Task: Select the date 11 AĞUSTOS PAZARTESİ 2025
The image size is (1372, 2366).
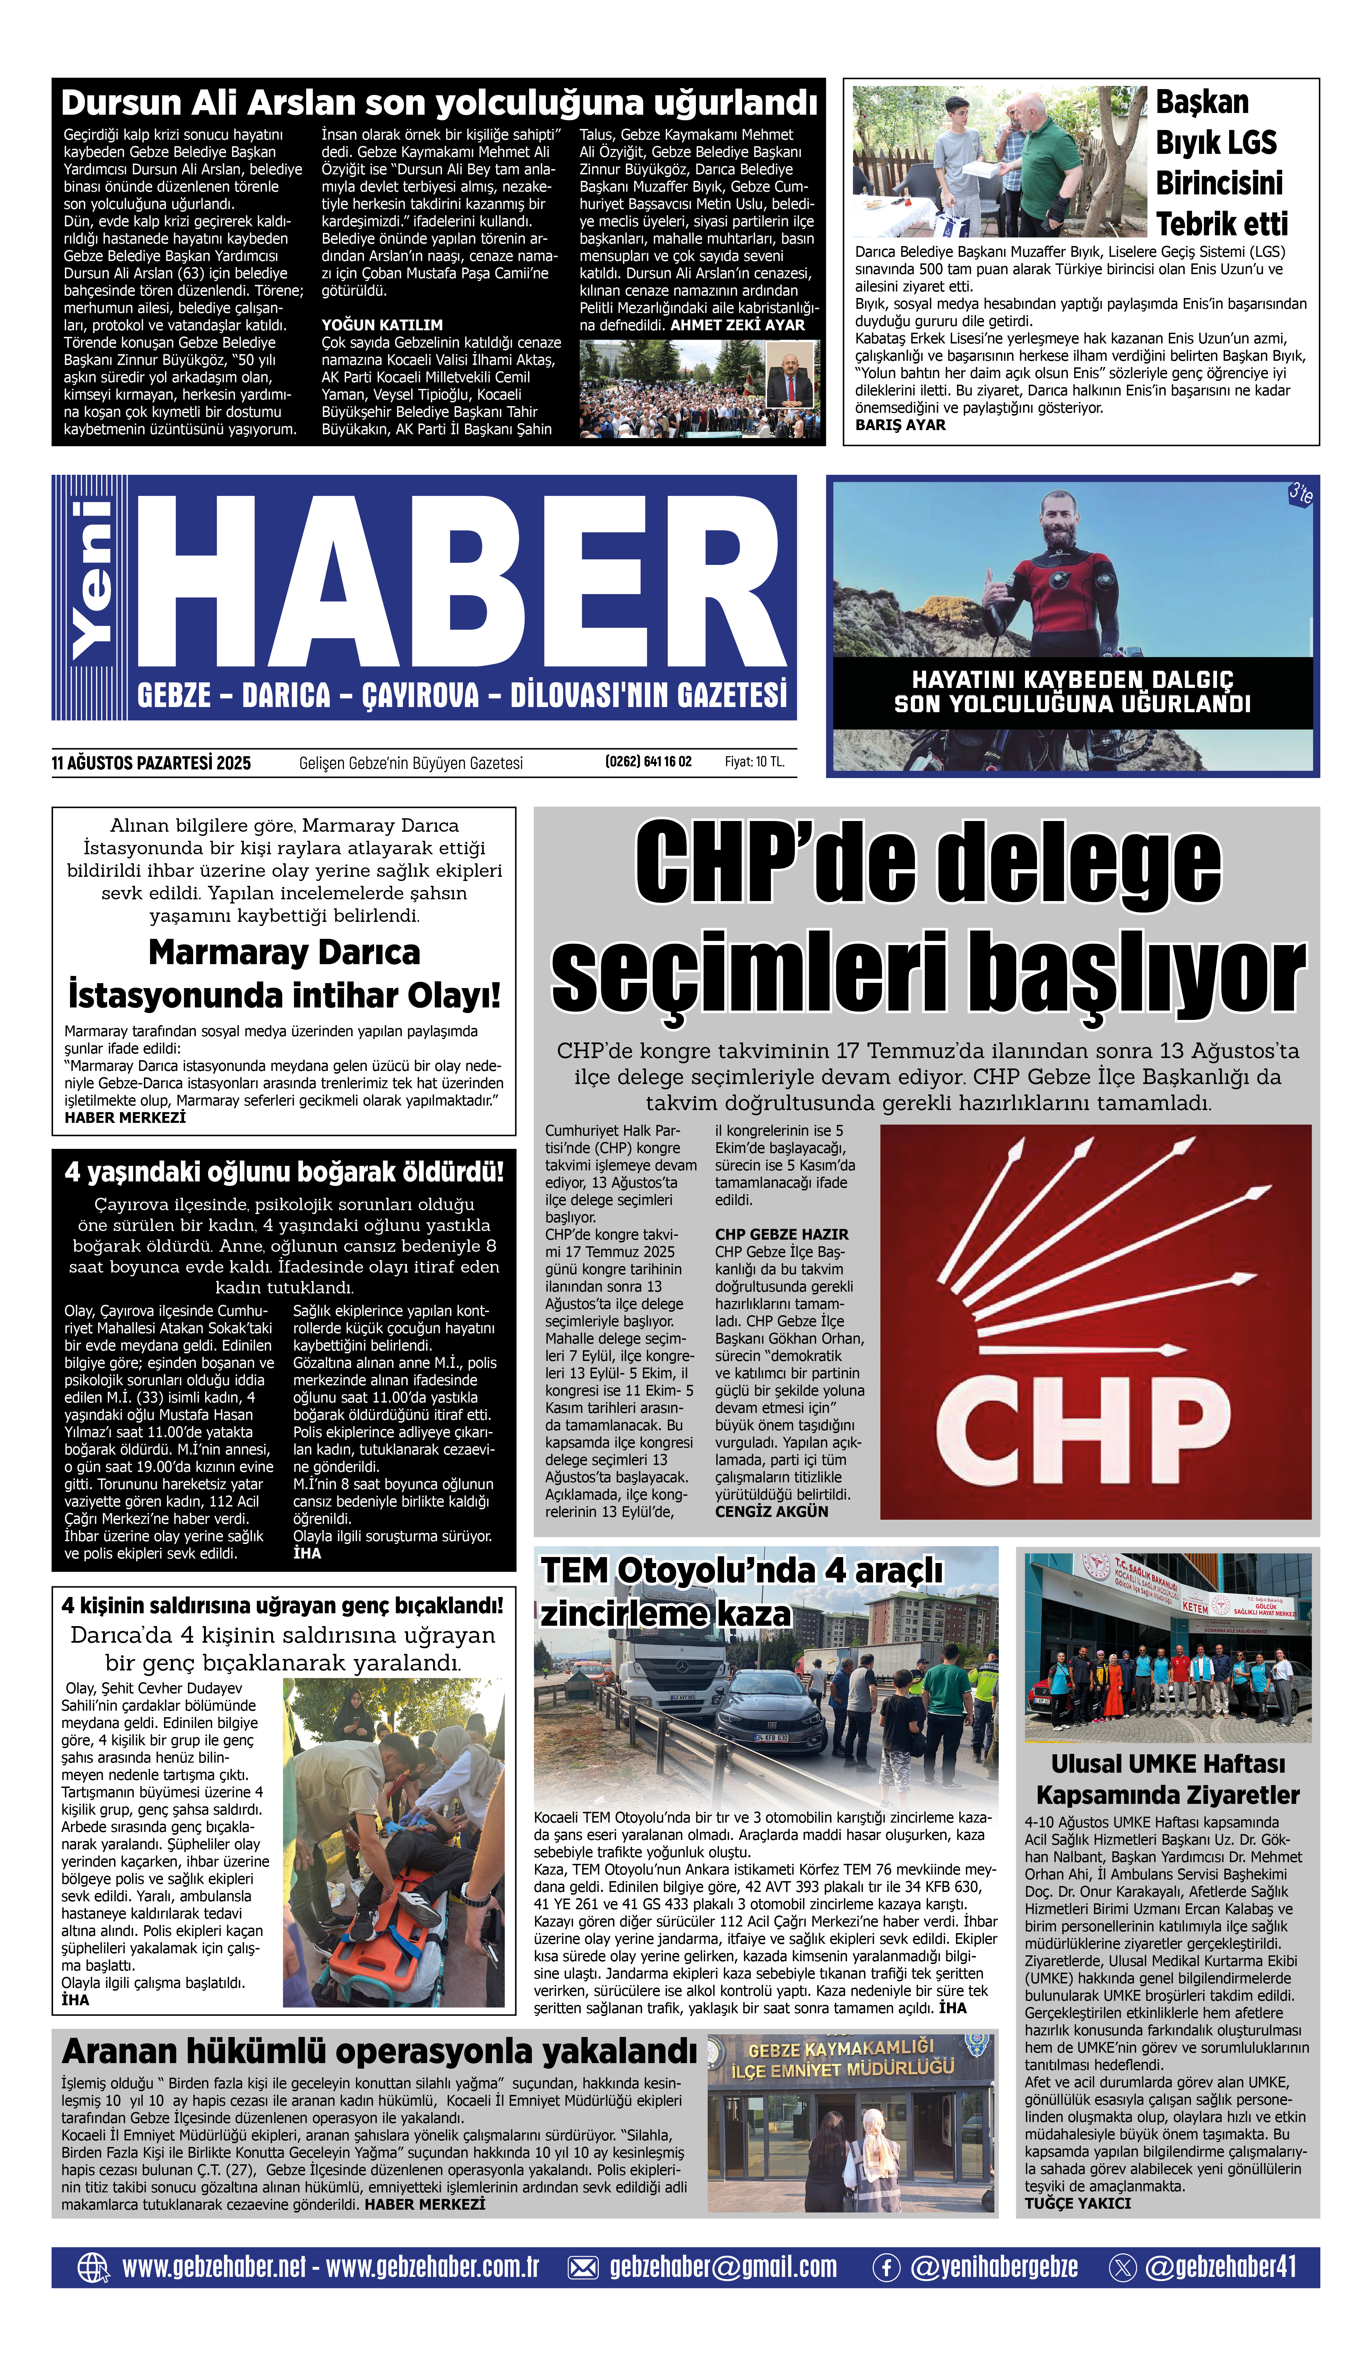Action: click(151, 763)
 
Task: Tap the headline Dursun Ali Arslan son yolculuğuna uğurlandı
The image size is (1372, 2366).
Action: click(439, 102)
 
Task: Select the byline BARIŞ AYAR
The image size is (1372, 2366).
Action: click(900, 425)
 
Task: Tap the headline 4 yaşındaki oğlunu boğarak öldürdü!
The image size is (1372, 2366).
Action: click(284, 1172)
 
